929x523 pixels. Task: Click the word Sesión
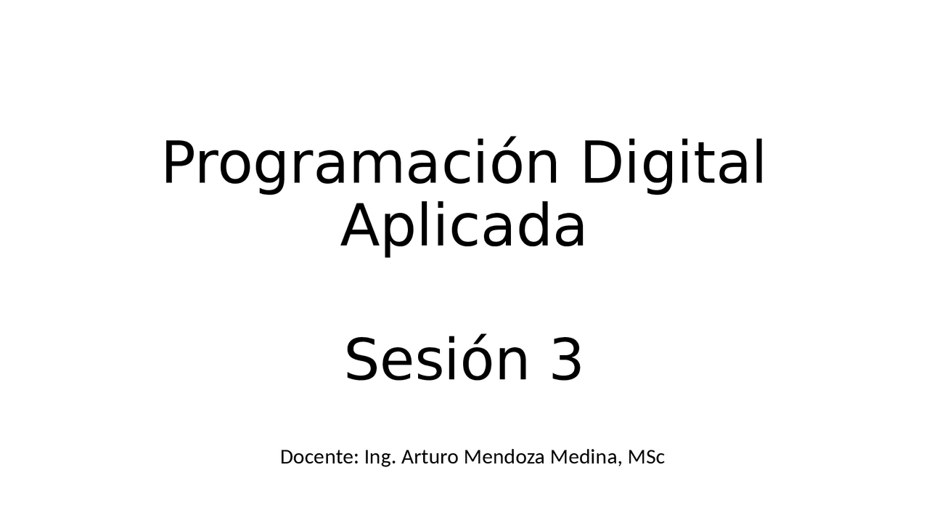tap(436, 360)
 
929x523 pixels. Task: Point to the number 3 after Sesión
tap(566, 360)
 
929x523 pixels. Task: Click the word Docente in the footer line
tap(319, 458)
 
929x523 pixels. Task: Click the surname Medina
tap(585, 458)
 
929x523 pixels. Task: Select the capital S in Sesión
tap(361, 360)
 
